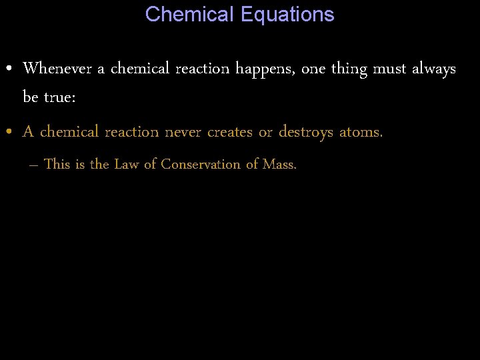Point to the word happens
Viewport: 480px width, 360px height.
(266, 69)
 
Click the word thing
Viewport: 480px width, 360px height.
(348, 69)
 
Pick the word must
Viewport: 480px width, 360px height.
(391, 69)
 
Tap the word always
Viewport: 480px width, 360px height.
(434, 69)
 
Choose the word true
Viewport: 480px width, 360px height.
(61, 97)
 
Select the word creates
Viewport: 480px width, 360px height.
(230, 132)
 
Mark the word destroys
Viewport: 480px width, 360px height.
(305, 132)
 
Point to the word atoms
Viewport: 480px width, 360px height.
(361, 132)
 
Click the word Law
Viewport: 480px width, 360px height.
(126, 164)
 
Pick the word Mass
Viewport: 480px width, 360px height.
(280, 164)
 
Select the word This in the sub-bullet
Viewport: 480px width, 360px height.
(57, 164)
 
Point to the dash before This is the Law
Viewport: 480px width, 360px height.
(34, 165)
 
